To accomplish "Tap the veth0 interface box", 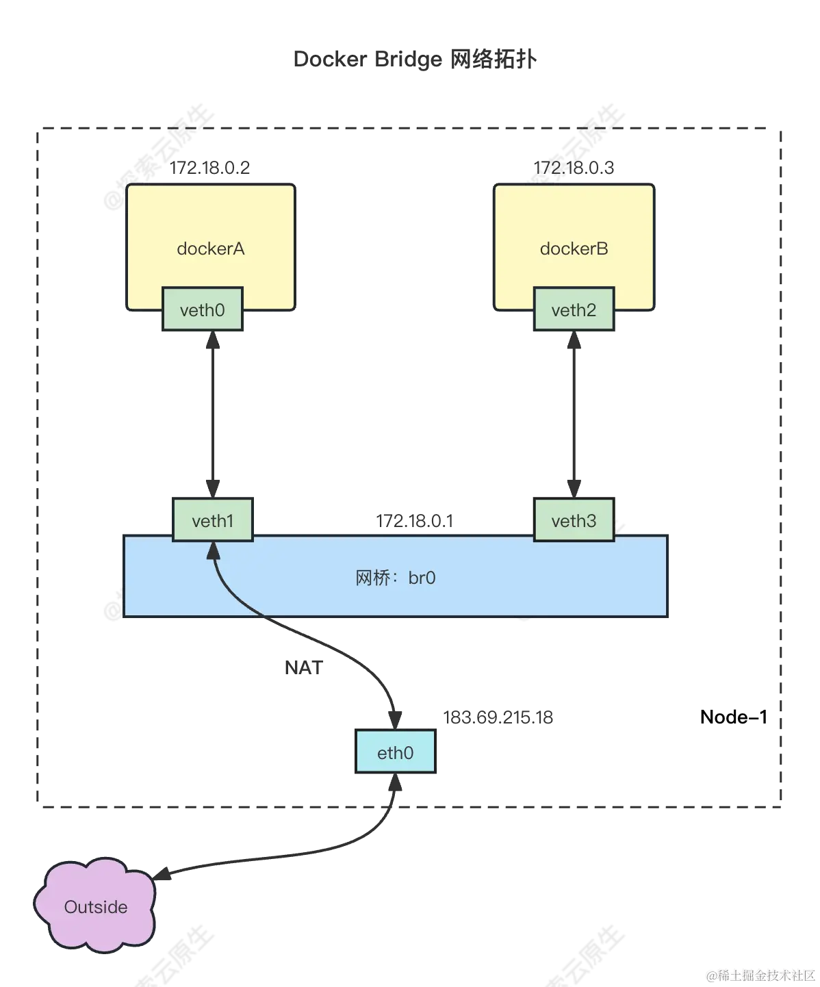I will click(202, 310).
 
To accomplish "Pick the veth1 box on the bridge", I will click(212, 521).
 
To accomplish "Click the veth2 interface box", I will click(574, 310).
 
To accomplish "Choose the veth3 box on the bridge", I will click(574, 521).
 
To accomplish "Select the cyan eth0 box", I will click(395, 753).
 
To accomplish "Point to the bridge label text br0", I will click(395, 578).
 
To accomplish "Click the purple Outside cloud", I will click(95, 906).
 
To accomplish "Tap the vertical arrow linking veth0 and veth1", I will click(214, 415).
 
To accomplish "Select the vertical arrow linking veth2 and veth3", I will click(574, 415).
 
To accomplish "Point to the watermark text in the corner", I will click(760, 974).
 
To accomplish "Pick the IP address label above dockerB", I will click(575, 167).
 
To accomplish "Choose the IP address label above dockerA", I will click(211, 167).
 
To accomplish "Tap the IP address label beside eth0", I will click(498, 718).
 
